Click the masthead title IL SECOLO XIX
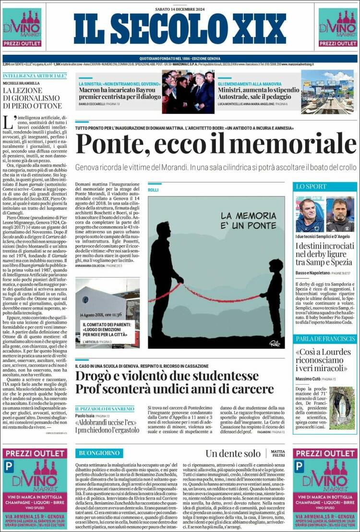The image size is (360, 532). pos(180,29)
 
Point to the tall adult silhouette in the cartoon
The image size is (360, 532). pos(165,278)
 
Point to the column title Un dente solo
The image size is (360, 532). pos(233,453)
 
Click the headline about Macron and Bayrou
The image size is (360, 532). pos(117,93)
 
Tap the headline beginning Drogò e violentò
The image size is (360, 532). pos(167,382)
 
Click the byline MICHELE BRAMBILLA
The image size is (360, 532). pos(23,83)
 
